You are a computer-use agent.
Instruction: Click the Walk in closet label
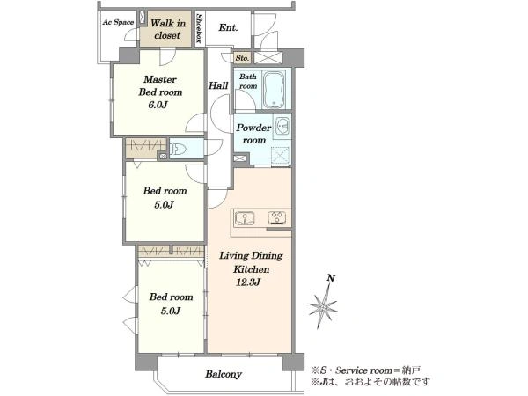167,29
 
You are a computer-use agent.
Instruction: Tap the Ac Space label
118,22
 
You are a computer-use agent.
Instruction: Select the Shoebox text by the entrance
199,29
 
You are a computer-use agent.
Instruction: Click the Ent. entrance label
228,27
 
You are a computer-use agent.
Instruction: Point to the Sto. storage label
242,58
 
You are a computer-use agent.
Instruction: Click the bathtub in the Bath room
274,89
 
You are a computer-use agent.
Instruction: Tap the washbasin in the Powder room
282,126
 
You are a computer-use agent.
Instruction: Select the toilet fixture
178,149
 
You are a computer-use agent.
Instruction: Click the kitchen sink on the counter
245,218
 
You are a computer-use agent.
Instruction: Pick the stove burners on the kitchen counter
277,217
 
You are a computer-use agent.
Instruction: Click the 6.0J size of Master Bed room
158,105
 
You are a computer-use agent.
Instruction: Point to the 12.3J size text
248,282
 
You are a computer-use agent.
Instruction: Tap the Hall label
218,85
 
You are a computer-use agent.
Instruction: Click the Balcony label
224,374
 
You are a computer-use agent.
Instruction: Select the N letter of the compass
332,278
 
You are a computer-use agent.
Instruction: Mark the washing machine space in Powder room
281,156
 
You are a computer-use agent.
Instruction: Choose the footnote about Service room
365,370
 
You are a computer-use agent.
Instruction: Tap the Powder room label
253,134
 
